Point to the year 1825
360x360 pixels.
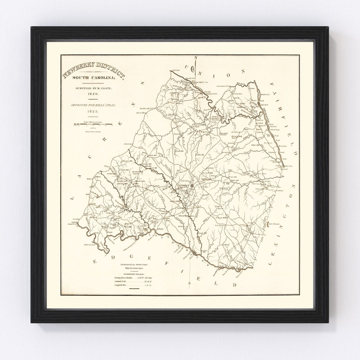(93, 112)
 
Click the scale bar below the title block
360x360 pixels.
(93, 124)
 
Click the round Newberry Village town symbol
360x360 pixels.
(192, 185)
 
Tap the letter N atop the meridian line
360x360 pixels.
(196, 58)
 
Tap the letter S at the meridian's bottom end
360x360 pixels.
(190, 283)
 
